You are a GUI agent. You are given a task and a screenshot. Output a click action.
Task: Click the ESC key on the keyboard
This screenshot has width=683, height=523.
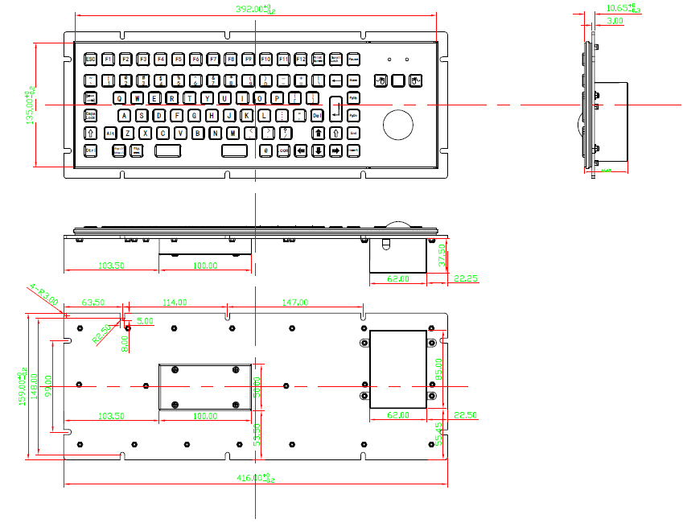90,59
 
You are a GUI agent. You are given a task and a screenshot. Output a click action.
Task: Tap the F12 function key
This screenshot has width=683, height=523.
301,59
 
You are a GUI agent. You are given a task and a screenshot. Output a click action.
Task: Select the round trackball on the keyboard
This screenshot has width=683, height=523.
397,124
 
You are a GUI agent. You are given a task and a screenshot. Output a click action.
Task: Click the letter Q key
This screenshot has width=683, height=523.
120,97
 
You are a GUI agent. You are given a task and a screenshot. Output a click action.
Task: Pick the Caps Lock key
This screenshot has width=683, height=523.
90,115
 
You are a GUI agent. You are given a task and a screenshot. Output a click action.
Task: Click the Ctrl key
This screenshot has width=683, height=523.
90,150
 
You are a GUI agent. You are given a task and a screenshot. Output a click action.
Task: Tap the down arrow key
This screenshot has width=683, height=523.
319,150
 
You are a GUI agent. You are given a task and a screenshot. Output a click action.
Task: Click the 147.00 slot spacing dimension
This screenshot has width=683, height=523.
294,303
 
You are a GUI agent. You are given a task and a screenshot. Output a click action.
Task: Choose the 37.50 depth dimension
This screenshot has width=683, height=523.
441,256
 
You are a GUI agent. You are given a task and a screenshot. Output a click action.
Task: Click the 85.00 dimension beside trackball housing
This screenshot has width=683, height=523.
438,369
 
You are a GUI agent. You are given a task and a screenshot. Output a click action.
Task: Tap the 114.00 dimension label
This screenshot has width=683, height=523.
175,303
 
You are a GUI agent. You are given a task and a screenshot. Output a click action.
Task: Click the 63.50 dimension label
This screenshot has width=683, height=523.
94,303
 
